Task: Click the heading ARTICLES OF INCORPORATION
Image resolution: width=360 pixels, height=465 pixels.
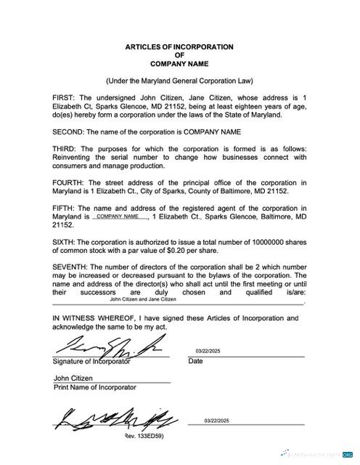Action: click(x=179, y=46)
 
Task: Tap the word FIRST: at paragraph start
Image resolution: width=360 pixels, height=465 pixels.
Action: click(x=65, y=97)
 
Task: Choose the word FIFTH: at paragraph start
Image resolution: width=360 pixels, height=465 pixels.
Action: click(x=65, y=209)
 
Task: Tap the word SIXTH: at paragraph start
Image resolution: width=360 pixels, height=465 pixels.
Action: click(x=65, y=242)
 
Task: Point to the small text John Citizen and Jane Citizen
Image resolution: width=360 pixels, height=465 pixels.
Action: click(x=143, y=299)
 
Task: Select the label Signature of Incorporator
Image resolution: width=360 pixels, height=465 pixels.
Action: click(x=91, y=361)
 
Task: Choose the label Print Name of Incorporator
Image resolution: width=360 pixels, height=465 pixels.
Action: click(x=95, y=387)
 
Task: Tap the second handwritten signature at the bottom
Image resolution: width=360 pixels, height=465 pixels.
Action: click(x=114, y=418)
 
